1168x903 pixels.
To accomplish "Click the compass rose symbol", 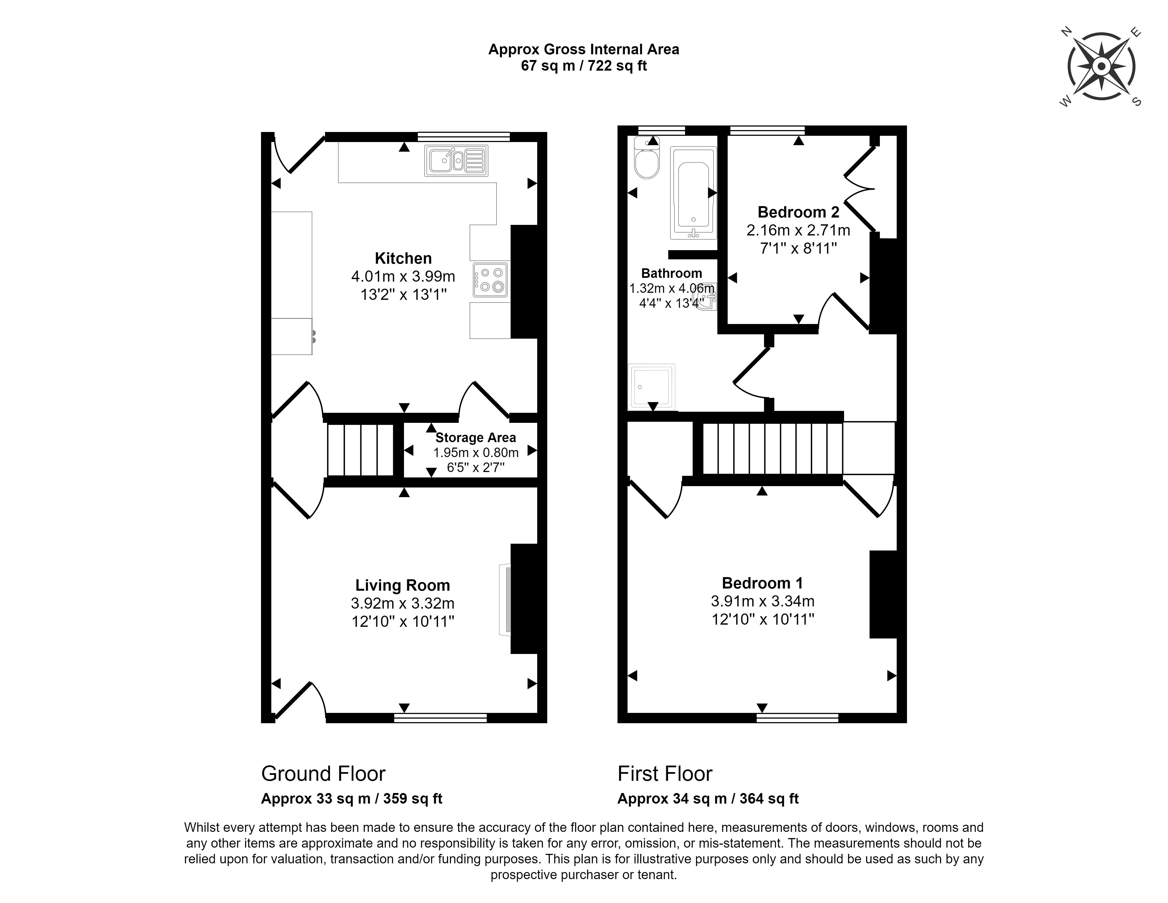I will [x=1101, y=67].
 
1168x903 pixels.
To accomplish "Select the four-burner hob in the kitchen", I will [x=490, y=279].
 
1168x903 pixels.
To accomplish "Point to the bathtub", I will [x=693, y=194].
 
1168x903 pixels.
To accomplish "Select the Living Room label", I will [x=402, y=585].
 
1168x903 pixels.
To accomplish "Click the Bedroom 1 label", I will [x=762, y=583].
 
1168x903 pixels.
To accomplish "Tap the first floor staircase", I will [x=772, y=449].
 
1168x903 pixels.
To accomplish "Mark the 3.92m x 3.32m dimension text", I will [x=402, y=603].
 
